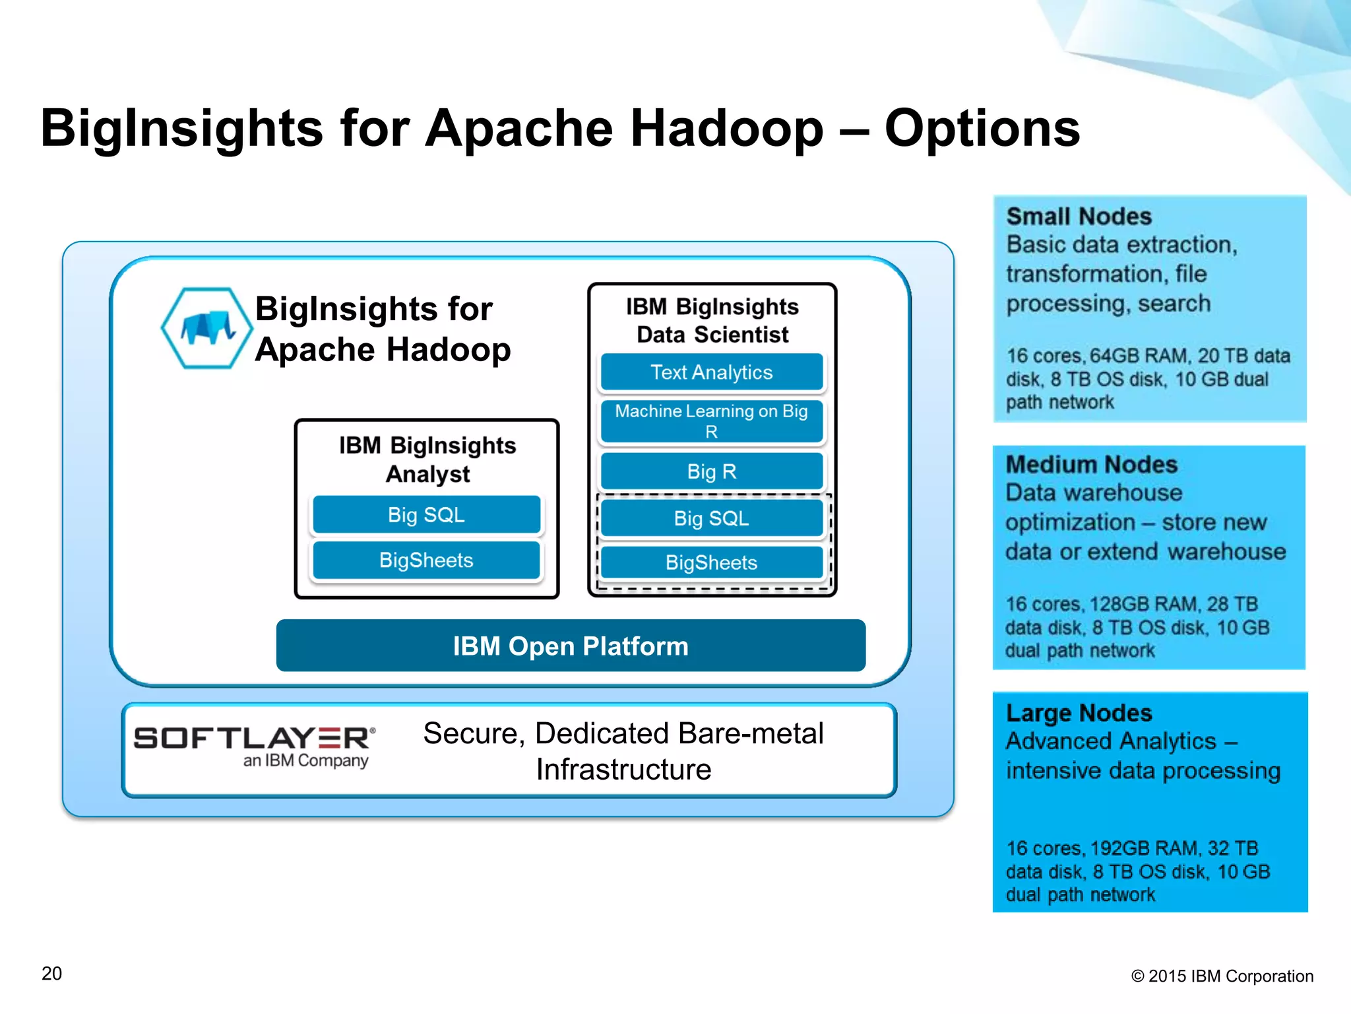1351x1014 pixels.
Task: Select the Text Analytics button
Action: click(711, 372)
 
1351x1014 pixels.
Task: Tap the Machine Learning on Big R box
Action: click(711, 421)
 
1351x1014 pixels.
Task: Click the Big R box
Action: click(711, 471)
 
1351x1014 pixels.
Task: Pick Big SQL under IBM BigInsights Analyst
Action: click(426, 515)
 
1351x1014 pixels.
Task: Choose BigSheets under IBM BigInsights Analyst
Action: click(426, 560)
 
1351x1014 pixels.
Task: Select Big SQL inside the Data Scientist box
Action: click(711, 518)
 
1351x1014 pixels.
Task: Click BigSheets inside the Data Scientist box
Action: click(711, 562)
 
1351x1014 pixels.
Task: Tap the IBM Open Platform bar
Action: click(571, 646)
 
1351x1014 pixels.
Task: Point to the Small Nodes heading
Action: click(1079, 217)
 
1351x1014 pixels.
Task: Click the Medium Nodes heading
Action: click(1091, 465)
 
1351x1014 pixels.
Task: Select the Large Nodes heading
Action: click(1079, 713)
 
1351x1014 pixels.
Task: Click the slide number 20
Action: click(51, 974)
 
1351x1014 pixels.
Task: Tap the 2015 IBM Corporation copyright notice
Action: click(1222, 976)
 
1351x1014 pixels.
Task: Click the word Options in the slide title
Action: click(982, 128)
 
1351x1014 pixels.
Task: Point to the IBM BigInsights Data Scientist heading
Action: click(712, 320)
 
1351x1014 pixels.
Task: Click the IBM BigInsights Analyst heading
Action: click(427, 459)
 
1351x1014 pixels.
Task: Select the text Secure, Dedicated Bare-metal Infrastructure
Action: click(623, 751)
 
